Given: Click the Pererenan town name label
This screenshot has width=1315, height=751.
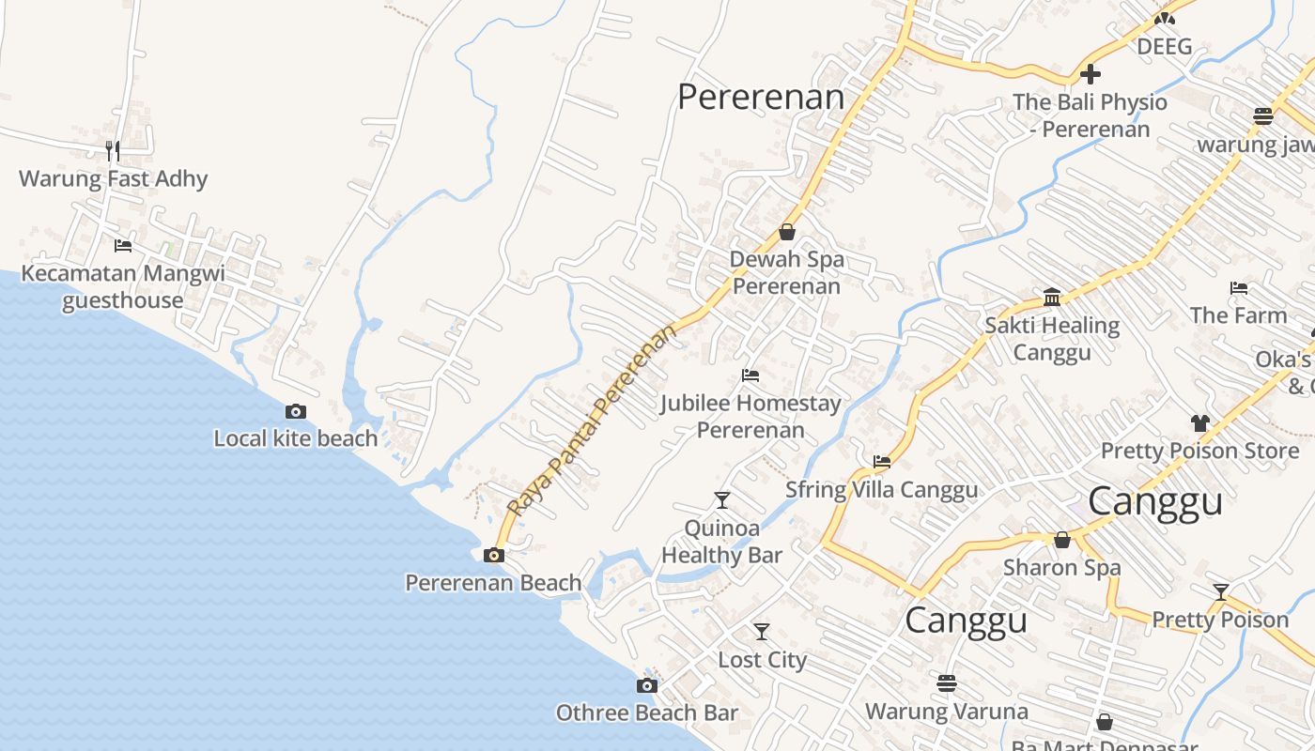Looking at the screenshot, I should tap(761, 97).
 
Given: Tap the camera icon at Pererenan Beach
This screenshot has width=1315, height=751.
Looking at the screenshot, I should tap(493, 555).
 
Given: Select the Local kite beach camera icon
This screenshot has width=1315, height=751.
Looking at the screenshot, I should tap(295, 411).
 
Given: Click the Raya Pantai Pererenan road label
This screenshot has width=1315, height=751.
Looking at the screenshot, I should tap(592, 420).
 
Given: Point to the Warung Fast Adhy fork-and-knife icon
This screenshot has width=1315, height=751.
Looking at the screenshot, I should tap(113, 150).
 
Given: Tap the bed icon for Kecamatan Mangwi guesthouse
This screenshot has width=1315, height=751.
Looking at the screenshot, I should tap(123, 246).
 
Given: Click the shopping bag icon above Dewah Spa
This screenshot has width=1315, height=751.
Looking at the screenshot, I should tap(787, 232).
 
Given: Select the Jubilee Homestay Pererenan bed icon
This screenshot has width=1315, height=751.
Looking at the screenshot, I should tap(750, 375).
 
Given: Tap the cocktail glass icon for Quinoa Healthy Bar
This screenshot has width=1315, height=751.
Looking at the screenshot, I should tap(721, 499).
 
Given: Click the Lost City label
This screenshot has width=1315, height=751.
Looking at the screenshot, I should tap(762, 660).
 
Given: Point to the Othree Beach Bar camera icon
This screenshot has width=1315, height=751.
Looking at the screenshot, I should tap(646, 685).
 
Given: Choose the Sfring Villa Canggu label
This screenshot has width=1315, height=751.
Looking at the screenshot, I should tap(881, 489).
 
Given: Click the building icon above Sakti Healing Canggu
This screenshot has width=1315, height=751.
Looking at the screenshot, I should tap(1052, 299).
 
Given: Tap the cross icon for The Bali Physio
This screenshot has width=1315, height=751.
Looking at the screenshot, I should tap(1090, 73).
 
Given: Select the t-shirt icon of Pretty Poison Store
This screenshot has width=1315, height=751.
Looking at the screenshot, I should tap(1199, 423).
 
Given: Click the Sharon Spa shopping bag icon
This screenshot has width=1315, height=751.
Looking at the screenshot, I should tap(1061, 540).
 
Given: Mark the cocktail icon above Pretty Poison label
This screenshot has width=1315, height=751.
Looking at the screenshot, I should tap(1220, 592).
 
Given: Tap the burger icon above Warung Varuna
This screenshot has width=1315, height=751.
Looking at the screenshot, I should tap(946, 682).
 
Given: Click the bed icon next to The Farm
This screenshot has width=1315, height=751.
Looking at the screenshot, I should tap(1239, 288).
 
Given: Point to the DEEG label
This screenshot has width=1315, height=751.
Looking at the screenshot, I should tap(1164, 46).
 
